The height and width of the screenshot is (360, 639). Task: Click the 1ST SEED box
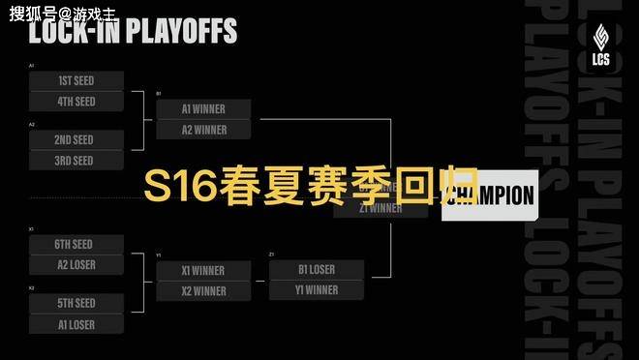(x=76, y=80)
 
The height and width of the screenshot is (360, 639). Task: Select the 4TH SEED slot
(x=76, y=102)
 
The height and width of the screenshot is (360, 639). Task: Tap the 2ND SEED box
(x=76, y=140)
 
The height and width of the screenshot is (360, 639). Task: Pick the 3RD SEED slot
(x=76, y=161)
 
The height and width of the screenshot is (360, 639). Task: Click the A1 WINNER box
(x=203, y=109)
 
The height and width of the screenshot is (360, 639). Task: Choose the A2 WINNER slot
(x=203, y=130)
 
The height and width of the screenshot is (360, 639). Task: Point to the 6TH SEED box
(x=76, y=245)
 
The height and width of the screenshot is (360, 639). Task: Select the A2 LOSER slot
(x=76, y=265)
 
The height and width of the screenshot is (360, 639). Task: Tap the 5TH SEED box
(x=76, y=304)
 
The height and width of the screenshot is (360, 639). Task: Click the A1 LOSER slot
(x=76, y=325)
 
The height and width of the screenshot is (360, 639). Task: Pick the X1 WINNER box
(x=203, y=271)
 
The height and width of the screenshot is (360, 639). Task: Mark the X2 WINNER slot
(x=203, y=291)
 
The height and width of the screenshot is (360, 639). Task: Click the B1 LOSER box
(x=317, y=270)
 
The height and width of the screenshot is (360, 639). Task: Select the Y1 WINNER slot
(x=317, y=290)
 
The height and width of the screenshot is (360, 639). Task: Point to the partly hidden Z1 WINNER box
(x=380, y=208)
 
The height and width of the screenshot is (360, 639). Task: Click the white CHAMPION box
(x=490, y=195)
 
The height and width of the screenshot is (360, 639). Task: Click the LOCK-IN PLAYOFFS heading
(x=133, y=31)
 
